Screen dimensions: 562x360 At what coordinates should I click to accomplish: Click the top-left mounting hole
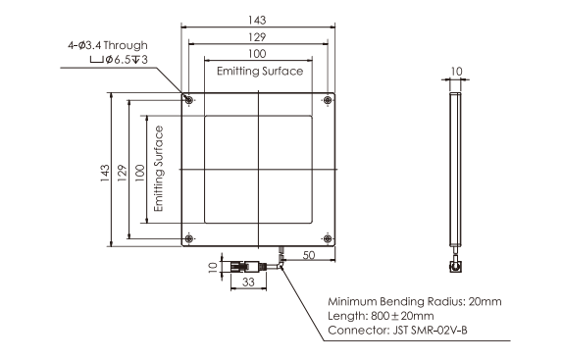189,100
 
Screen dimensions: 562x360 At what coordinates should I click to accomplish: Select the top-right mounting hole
328,100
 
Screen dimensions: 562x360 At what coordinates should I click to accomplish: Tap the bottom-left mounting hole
189,238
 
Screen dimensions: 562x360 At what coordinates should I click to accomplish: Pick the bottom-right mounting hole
328,238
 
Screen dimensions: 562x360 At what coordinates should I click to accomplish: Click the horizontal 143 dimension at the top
257,20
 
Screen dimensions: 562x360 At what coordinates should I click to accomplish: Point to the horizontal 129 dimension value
257,37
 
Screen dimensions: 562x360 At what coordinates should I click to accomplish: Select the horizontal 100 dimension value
257,54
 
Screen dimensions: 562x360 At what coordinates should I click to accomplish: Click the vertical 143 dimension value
105,173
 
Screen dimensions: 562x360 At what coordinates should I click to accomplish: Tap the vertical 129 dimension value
122,173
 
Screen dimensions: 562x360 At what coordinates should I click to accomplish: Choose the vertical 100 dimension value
139,173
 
